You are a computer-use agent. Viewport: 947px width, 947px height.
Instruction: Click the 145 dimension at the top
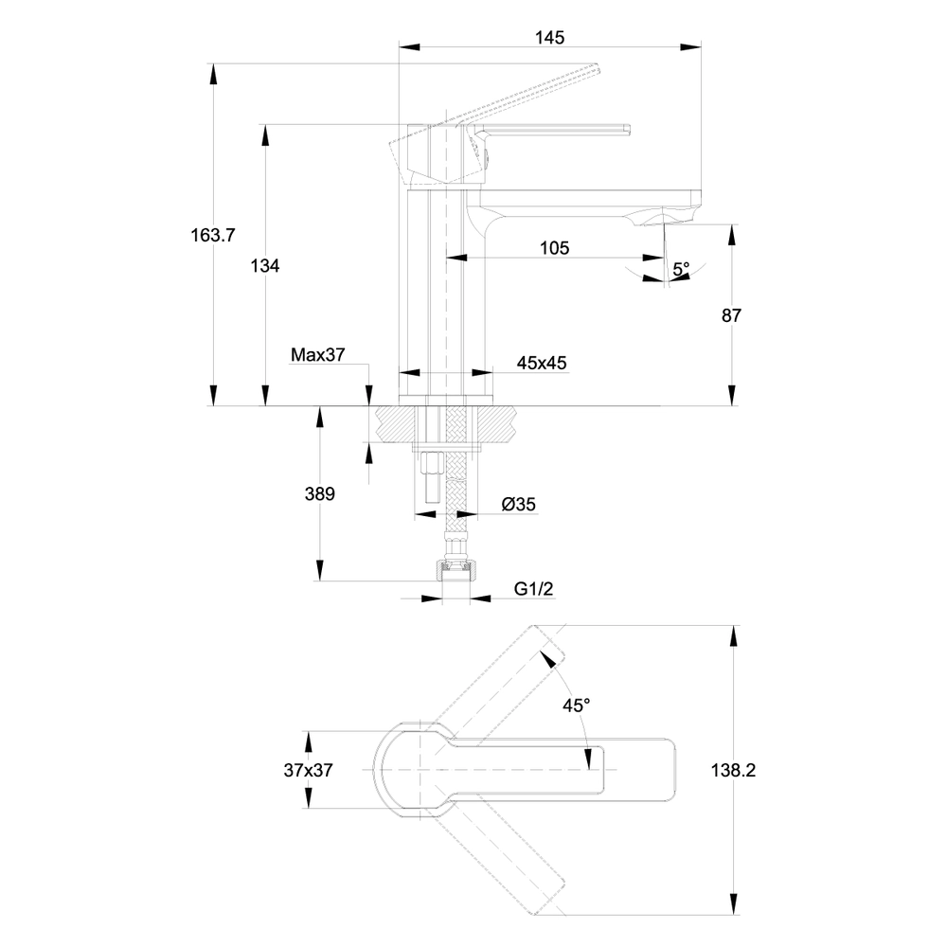click(x=549, y=38)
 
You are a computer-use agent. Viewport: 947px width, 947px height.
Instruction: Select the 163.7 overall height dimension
click(x=212, y=235)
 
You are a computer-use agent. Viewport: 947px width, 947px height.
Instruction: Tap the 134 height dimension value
click(x=265, y=266)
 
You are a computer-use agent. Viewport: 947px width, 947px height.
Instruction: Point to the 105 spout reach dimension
click(x=554, y=247)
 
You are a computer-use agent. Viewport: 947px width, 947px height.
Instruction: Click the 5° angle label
click(x=681, y=268)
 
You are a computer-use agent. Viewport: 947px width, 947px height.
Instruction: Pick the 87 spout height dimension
click(x=731, y=315)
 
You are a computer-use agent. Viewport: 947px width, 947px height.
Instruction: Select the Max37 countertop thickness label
click(x=317, y=354)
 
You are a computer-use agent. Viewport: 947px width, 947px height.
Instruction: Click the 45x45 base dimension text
click(x=542, y=363)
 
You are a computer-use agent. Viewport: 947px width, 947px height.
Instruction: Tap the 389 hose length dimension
click(x=319, y=494)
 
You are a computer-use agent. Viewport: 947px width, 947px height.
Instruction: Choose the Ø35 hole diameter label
click(x=519, y=504)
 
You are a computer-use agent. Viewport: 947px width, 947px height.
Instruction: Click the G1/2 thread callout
click(x=533, y=588)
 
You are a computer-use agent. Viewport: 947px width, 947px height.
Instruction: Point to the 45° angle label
click(x=576, y=705)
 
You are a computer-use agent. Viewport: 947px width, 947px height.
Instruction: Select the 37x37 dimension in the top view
click(x=308, y=770)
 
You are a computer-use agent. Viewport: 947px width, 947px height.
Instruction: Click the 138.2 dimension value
click(x=733, y=770)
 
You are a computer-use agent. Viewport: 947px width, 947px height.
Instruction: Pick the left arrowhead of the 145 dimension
click(x=409, y=47)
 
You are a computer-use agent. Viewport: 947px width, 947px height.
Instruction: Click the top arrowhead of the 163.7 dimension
click(x=212, y=74)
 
